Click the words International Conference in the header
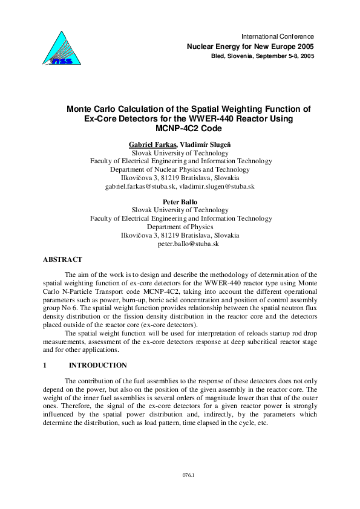(277, 36)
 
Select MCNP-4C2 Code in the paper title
(180, 129)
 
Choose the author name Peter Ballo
(180, 202)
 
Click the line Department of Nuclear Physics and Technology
(180, 170)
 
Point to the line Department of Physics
(180, 227)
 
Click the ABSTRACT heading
(62, 259)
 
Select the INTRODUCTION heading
(98, 365)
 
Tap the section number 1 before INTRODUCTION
(45, 365)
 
